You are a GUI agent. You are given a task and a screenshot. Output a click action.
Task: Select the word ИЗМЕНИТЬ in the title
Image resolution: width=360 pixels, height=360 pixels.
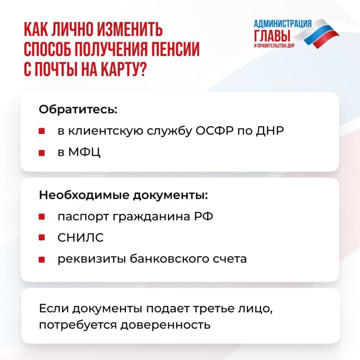coord(129,29)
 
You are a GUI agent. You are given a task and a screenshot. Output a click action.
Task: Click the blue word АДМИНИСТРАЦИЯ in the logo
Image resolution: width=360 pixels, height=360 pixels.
coord(283,24)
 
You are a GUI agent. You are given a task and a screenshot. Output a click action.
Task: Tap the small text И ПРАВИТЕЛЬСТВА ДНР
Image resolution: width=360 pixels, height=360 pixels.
coord(274,45)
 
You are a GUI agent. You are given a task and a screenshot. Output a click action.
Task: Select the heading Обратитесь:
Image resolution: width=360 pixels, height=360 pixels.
coord(78,109)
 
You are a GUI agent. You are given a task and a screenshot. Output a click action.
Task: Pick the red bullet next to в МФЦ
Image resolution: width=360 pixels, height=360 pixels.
coord(41,153)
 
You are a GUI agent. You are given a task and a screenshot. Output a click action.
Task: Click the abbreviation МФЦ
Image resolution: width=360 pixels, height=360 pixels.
coord(84,152)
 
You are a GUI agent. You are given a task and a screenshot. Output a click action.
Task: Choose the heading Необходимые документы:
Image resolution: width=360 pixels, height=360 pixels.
coord(123,195)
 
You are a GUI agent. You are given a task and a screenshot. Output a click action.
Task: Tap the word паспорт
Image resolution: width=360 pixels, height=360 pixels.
coord(83,217)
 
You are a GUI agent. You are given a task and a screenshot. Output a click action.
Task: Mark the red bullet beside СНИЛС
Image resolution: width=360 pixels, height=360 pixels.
coord(41,237)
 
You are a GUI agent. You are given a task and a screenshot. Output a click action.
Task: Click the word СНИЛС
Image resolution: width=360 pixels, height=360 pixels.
coord(81,238)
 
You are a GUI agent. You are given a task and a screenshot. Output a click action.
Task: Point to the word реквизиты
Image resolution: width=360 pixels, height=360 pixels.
coord(91,259)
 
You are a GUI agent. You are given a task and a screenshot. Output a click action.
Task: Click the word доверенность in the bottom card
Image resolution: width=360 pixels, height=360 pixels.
coord(165,325)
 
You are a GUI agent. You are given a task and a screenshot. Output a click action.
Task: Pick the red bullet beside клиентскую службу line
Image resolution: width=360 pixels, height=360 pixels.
coord(41,131)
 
